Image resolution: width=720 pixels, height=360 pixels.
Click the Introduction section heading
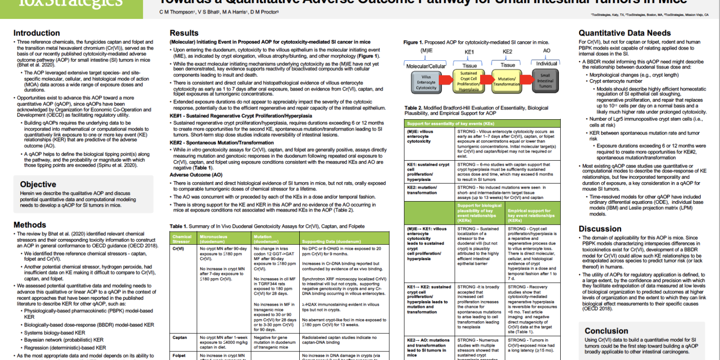click(36, 33)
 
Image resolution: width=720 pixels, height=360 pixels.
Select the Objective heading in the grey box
click(38, 184)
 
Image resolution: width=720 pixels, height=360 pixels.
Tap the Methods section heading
click(30, 225)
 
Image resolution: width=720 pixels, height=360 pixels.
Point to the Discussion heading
click(600, 229)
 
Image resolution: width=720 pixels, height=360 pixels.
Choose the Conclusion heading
click(606, 331)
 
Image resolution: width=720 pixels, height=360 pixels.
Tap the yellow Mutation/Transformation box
click(506, 81)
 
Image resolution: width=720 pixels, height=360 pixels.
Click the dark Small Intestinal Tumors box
click(545, 81)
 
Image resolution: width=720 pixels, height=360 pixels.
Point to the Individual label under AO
click(546, 63)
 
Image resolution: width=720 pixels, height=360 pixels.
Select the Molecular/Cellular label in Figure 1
click(426, 66)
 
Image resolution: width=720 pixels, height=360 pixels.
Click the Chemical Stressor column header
click(182, 239)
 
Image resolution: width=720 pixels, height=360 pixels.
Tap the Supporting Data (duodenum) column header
click(331, 241)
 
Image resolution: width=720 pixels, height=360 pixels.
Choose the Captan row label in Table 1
click(180, 337)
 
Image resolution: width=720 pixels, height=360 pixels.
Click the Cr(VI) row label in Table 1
click(178, 248)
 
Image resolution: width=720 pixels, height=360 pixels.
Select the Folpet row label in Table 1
click(179, 355)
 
